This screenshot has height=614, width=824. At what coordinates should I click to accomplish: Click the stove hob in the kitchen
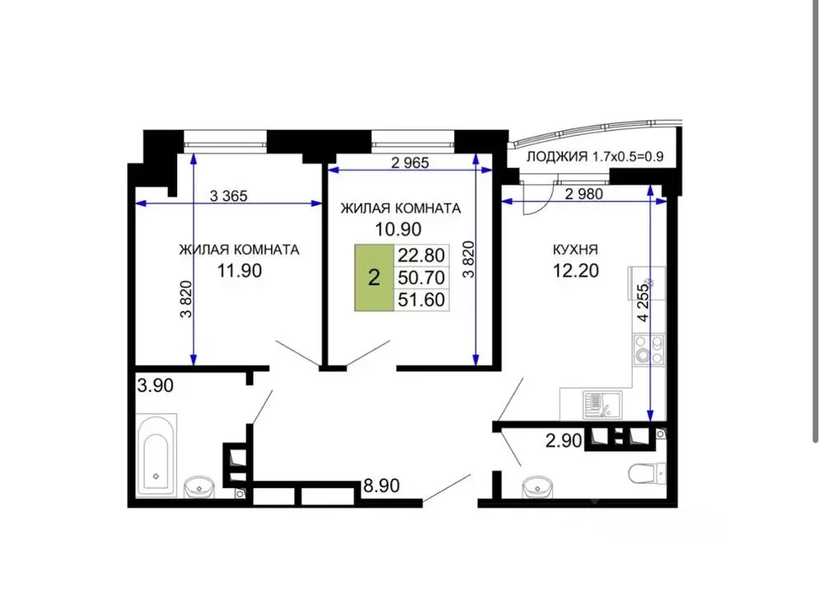tap(648, 350)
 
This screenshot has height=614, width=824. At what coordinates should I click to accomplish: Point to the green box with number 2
tap(374, 278)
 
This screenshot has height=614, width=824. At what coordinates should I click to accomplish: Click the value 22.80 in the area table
tap(421, 255)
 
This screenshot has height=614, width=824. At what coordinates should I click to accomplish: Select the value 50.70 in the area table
tap(421, 278)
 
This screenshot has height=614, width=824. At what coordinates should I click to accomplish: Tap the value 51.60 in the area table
tap(421, 300)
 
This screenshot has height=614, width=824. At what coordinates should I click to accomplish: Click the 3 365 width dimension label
tap(229, 195)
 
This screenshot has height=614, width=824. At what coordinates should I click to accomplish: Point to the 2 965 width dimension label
tap(410, 162)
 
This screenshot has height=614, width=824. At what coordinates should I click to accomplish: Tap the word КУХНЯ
tap(575, 249)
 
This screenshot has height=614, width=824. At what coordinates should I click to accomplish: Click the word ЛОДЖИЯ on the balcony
tap(556, 157)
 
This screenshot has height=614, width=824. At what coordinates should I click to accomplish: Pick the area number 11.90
tap(239, 270)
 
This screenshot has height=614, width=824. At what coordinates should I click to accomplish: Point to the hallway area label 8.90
tap(382, 486)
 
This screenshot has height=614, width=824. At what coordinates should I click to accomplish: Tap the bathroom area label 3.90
tap(155, 385)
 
